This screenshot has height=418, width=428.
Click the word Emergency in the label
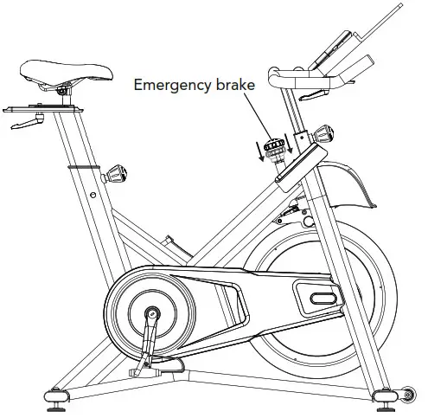coord(166,85)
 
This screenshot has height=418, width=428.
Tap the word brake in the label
coord(223,85)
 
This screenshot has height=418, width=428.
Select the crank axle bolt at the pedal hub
coord(152,312)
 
